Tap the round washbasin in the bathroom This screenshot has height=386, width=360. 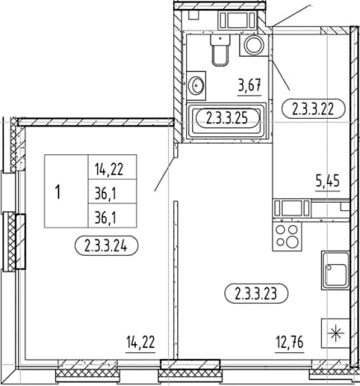point(196,86)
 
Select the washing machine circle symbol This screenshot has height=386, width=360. point(254,45)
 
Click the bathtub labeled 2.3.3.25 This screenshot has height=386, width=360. point(227,121)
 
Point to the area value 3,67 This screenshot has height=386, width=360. point(250,85)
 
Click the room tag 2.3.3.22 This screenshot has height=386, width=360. point(313,109)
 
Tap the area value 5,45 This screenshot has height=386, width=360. point(328,181)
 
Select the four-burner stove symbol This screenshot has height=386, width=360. point(287,236)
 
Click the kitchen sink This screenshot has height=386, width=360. point(335,270)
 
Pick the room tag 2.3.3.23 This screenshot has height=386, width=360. point(256,294)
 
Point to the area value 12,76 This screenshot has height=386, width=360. point(290,342)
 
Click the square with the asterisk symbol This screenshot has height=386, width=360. point(335,333)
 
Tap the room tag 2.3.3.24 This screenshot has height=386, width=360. point(106,246)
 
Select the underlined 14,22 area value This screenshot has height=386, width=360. point(141,342)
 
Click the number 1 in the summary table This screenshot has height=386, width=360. point(58,191)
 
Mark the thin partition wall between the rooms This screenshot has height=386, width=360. point(176,280)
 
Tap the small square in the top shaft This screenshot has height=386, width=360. point(194,15)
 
